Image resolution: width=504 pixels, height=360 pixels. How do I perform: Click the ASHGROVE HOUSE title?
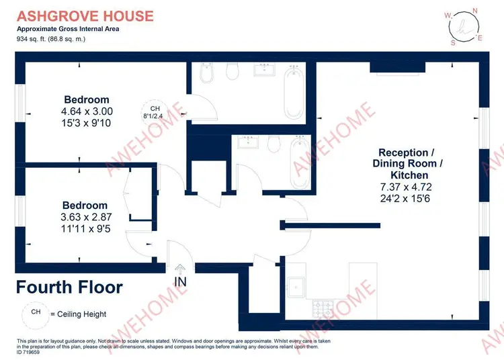pyautogui.click(x=85, y=16)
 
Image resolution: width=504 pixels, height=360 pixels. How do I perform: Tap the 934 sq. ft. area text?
pyautogui.click(x=51, y=39)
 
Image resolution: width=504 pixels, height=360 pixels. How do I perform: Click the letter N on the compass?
pyautogui.click(x=475, y=11)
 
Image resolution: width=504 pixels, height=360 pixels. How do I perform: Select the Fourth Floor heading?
pyautogui.click(x=69, y=287)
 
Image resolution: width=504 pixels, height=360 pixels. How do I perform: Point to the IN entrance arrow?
pyautogui.click(x=180, y=268)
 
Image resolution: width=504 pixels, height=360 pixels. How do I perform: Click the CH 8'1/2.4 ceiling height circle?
pyautogui.click(x=155, y=112)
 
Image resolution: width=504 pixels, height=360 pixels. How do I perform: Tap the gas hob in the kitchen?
pyautogui.click(x=323, y=308)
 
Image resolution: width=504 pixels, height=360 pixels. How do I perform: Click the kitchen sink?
pyautogui.click(x=296, y=287)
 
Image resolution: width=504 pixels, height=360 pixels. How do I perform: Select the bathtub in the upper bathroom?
pyautogui.click(x=294, y=92)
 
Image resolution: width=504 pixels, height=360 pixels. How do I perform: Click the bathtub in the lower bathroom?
pyautogui.click(x=300, y=162)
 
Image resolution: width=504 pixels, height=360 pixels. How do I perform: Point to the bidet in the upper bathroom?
pyautogui.click(x=206, y=73)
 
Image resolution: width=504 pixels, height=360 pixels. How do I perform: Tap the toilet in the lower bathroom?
pyautogui.click(x=274, y=144)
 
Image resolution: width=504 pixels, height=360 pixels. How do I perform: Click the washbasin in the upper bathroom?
pyautogui.click(x=264, y=70)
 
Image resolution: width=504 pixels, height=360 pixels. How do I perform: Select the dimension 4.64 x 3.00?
pyautogui.click(x=87, y=111)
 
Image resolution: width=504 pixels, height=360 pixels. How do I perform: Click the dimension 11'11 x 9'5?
pyautogui.click(x=86, y=228)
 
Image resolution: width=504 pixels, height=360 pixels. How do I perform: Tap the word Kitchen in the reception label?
pyautogui.click(x=409, y=175)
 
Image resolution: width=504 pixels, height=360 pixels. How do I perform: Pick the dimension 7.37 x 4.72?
pyautogui.click(x=406, y=187)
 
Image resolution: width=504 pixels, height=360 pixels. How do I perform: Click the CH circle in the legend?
pyautogui.click(x=36, y=315)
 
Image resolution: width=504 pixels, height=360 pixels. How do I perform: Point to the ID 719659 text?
pyautogui.click(x=28, y=353)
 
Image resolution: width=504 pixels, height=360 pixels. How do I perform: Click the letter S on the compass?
pyautogui.click(x=453, y=43)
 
